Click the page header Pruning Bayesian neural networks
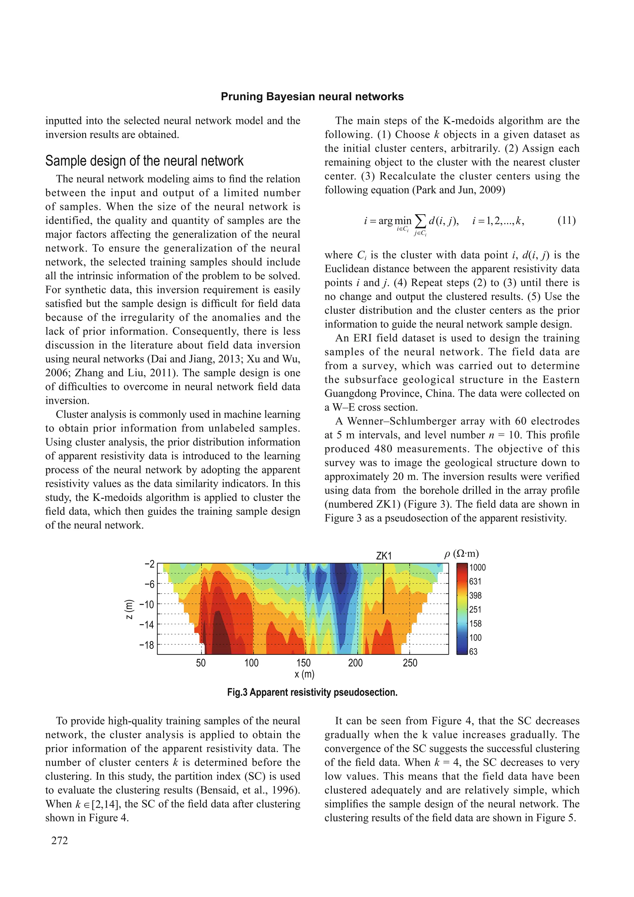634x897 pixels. tap(312, 97)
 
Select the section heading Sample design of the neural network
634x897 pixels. tap(144, 161)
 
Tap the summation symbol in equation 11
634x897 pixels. tap(420, 221)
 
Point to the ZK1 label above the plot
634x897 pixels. tap(384, 555)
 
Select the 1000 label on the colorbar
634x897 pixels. tap(477, 567)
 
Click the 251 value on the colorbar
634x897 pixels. tap(475, 609)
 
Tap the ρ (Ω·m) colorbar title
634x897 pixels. tap(461, 554)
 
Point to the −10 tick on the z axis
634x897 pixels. tap(147, 604)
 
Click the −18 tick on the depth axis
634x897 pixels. tap(147, 645)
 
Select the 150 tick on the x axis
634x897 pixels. tap(303, 663)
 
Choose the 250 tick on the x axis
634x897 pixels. tap(410, 663)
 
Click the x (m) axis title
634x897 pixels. tap(304, 674)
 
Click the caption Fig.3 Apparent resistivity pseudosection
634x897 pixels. tap(312, 692)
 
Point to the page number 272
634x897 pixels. tap(59, 840)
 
